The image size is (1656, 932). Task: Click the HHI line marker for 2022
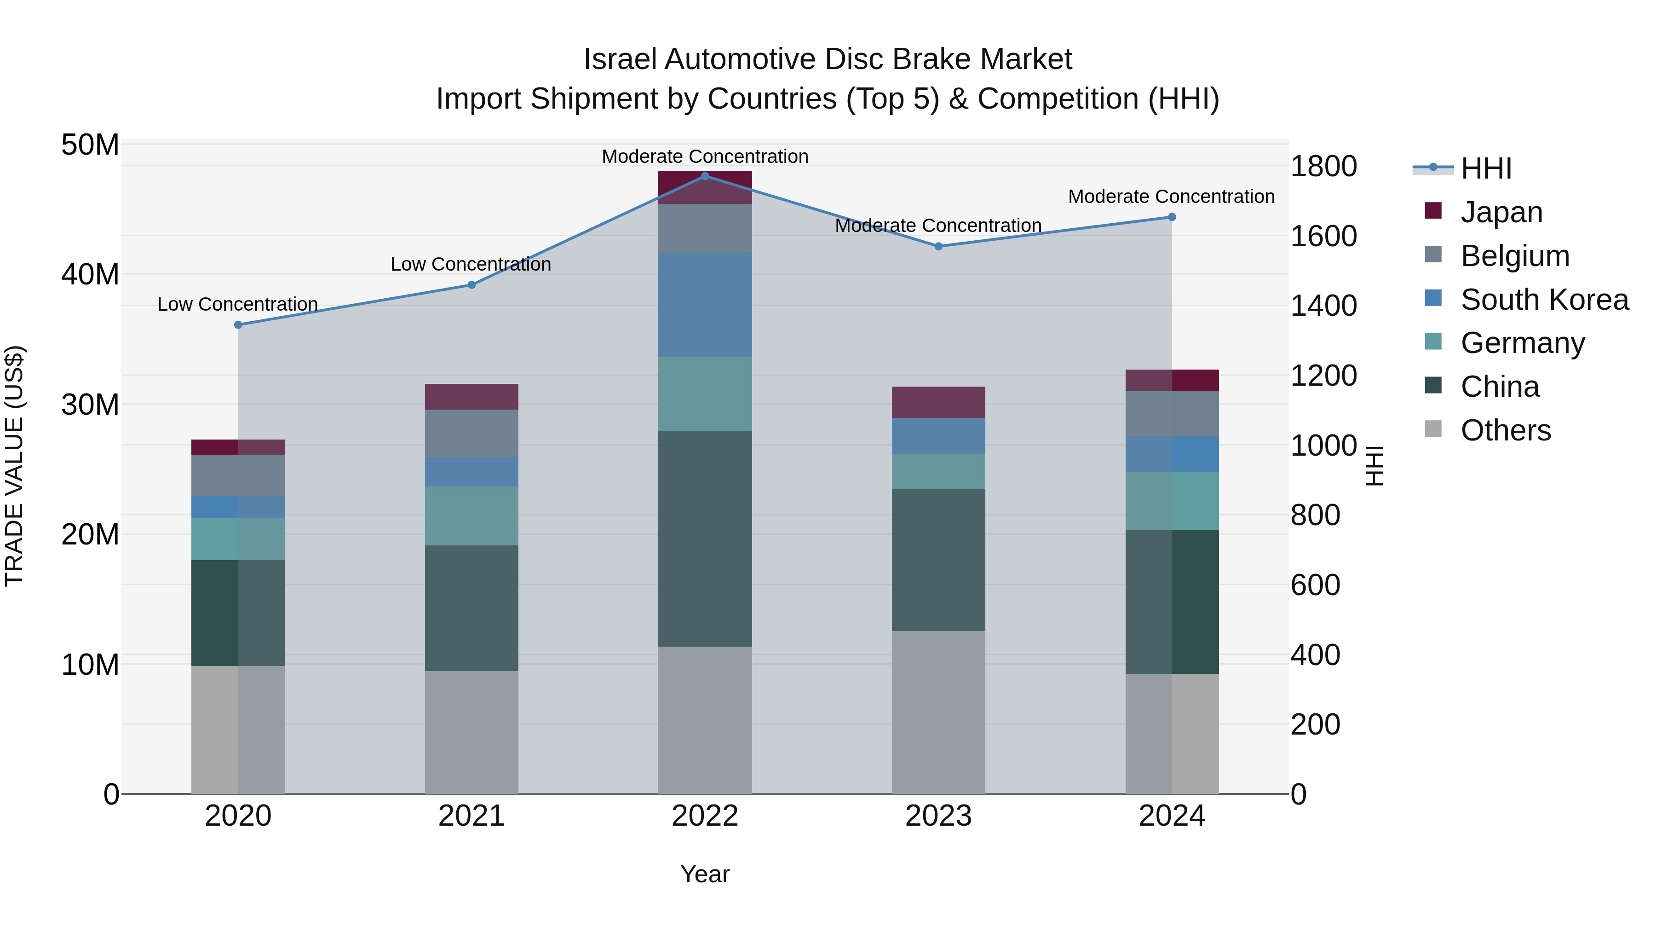click(x=705, y=176)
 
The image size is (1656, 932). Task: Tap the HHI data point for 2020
click(x=238, y=325)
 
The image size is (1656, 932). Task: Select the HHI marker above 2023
click(x=938, y=246)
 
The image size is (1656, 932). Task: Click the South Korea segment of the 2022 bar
click(x=705, y=304)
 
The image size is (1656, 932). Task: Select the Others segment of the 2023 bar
click(x=938, y=712)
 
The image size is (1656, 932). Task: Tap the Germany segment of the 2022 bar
click(x=705, y=394)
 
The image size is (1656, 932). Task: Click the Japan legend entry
click(x=1501, y=212)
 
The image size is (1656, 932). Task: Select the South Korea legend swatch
click(x=1433, y=298)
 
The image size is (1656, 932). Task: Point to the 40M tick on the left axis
click(x=90, y=275)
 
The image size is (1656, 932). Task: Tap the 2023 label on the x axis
click(x=938, y=816)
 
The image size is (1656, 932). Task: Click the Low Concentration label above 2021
click(x=471, y=264)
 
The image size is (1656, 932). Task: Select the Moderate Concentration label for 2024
click(x=1171, y=197)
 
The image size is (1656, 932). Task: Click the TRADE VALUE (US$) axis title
click(x=14, y=466)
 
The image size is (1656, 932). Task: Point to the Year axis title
click(x=705, y=874)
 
